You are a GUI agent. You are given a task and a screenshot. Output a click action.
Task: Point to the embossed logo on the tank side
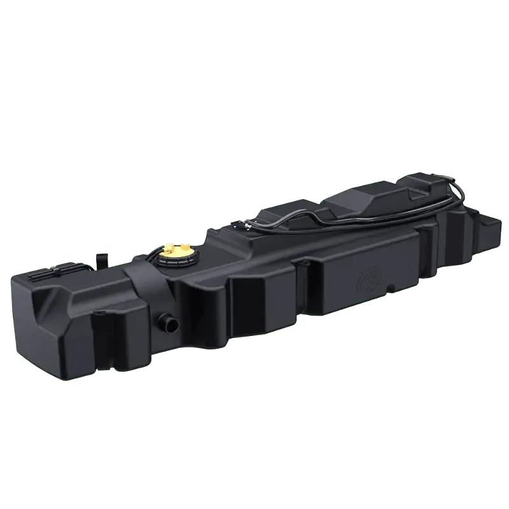click(x=368, y=278)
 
